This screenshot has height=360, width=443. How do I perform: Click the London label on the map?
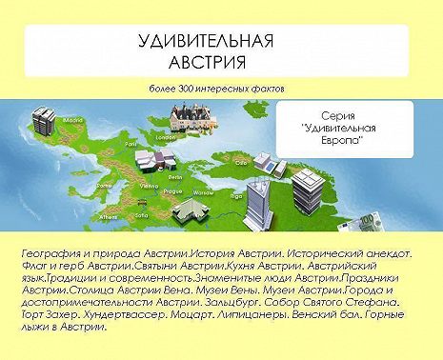(x=163, y=137)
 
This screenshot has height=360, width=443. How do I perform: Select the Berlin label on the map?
(x=175, y=177)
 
